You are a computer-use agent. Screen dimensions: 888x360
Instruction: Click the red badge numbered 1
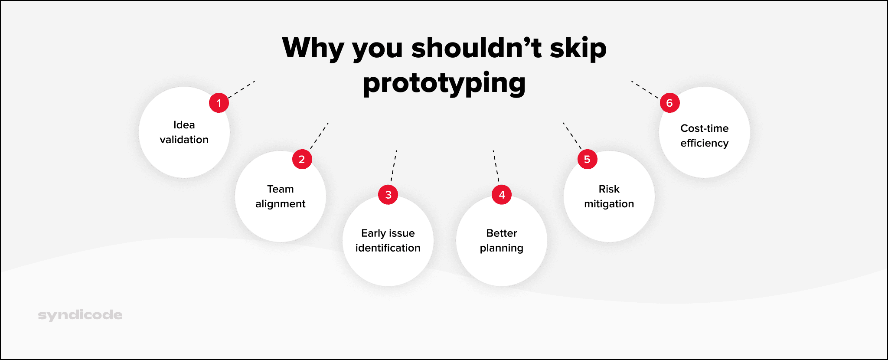tap(219, 103)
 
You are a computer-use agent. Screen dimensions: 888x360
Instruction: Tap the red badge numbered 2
tap(302, 159)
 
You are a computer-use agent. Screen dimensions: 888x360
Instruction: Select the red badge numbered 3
tap(388, 195)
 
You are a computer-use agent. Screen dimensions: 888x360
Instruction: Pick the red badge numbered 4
tap(502, 195)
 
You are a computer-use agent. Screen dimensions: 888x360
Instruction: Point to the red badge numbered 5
tap(588, 159)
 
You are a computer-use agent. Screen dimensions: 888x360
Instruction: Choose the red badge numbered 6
tap(670, 103)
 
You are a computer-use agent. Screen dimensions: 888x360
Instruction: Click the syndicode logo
tap(80, 315)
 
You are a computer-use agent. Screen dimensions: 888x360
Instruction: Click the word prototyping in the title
tap(444, 83)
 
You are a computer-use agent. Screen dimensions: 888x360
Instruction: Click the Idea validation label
tap(184, 132)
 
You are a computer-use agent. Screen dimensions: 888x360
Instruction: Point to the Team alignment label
tap(281, 196)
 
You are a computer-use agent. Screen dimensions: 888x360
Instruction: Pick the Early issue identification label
tap(388, 241)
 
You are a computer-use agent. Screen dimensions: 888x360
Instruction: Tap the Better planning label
tap(502, 241)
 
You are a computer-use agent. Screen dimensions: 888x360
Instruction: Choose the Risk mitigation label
tap(609, 196)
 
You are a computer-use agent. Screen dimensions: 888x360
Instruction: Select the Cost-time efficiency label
tap(705, 136)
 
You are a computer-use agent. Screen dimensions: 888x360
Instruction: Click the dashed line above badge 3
tap(394, 166)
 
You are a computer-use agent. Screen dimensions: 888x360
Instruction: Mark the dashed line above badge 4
tap(496, 166)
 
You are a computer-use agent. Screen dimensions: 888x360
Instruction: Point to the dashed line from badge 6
tap(645, 90)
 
